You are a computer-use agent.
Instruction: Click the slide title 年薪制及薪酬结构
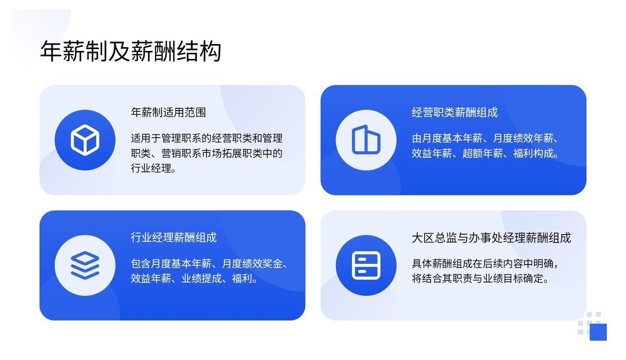point(131,51)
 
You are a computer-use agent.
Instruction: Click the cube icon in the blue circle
point(85,140)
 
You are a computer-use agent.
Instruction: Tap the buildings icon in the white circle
point(366,140)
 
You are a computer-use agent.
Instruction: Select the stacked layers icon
point(85,265)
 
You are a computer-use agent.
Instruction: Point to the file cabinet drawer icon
point(366,265)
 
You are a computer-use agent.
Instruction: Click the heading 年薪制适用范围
point(168,112)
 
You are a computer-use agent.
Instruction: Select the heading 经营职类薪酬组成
point(455,112)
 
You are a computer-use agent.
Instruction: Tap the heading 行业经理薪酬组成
point(173,238)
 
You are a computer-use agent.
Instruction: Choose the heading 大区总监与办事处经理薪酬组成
point(491,238)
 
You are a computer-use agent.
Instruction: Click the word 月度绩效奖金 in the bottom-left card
point(252,264)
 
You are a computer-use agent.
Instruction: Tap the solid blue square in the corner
point(598,332)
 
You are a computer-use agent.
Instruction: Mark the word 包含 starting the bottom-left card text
point(141,264)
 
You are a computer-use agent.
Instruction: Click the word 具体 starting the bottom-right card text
point(422,264)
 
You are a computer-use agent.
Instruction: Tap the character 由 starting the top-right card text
point(416,138)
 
